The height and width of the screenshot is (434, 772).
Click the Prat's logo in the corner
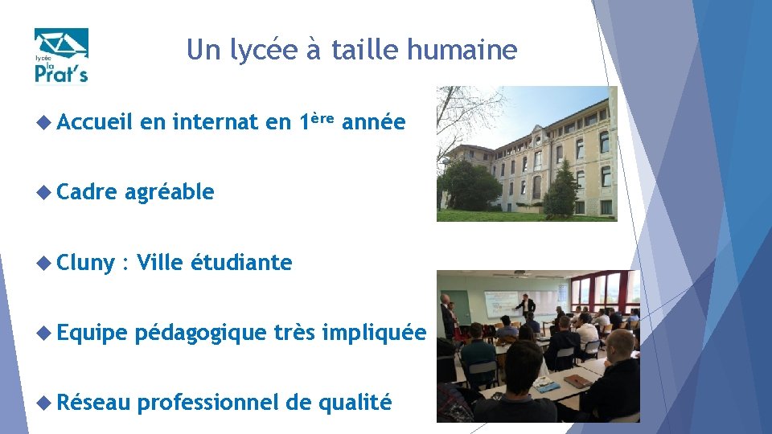click(61, 55)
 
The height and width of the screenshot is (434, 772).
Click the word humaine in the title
click(462, 51)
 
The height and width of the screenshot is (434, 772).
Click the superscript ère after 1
click(322, 118)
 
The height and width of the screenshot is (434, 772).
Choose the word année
click(373, 123)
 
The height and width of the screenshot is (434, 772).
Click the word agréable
click(169, 193)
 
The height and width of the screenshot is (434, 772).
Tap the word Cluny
click(86, 263)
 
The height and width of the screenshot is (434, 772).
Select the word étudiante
click(241, 263)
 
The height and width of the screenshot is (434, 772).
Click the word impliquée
click(373, 333)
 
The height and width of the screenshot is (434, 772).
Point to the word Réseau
click(93, 403)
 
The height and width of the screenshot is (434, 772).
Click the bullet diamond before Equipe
click(45, 333)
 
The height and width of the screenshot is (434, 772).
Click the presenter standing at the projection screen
click(527, 309)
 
